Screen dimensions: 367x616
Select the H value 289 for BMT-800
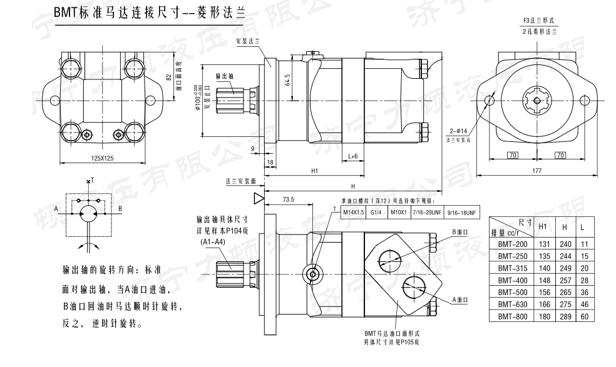[565, 316]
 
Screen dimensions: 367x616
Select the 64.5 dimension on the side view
[287, 81]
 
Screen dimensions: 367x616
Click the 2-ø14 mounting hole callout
[458, 131]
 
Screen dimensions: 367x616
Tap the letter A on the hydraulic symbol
[56, 208]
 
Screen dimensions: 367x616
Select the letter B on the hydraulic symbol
[121, 208]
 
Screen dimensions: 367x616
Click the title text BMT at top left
[63, 13]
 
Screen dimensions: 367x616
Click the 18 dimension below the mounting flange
[270, 162]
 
